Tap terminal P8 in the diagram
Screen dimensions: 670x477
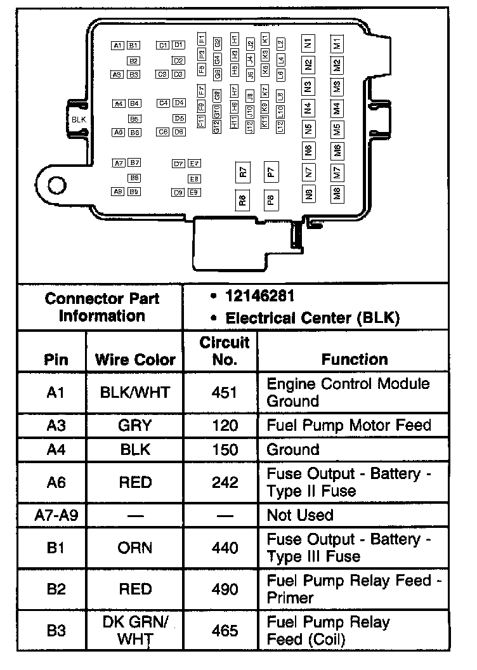(x=271, y=200)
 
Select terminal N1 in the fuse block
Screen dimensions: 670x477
(x=309, y=44)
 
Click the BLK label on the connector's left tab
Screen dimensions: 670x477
(x=79, y=119)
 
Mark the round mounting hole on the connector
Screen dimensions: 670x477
(x=56, y=184)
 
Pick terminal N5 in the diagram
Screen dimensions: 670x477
(x=309, y=129)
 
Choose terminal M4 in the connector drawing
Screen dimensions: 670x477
(x=337, y=108)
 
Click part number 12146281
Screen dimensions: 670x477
(x=260, y=296)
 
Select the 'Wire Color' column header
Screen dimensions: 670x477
(x=135, y=360)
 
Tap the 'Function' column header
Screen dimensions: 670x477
(x=355, y=360)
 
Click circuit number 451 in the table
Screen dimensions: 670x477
(x=225, y=392)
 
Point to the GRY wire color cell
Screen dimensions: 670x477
(x=135, y=425)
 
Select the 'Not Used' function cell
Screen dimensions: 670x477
(x=300, y=515)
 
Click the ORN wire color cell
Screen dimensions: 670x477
(x=135, y=548)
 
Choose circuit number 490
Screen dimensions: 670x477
(x=225, y=589)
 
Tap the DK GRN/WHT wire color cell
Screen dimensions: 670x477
(x=135, y=631)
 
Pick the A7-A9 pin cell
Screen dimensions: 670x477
(x=56, y=515)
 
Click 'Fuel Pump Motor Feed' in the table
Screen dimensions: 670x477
(x=349, y=425)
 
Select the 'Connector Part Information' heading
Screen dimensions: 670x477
(x=101, y=307)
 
